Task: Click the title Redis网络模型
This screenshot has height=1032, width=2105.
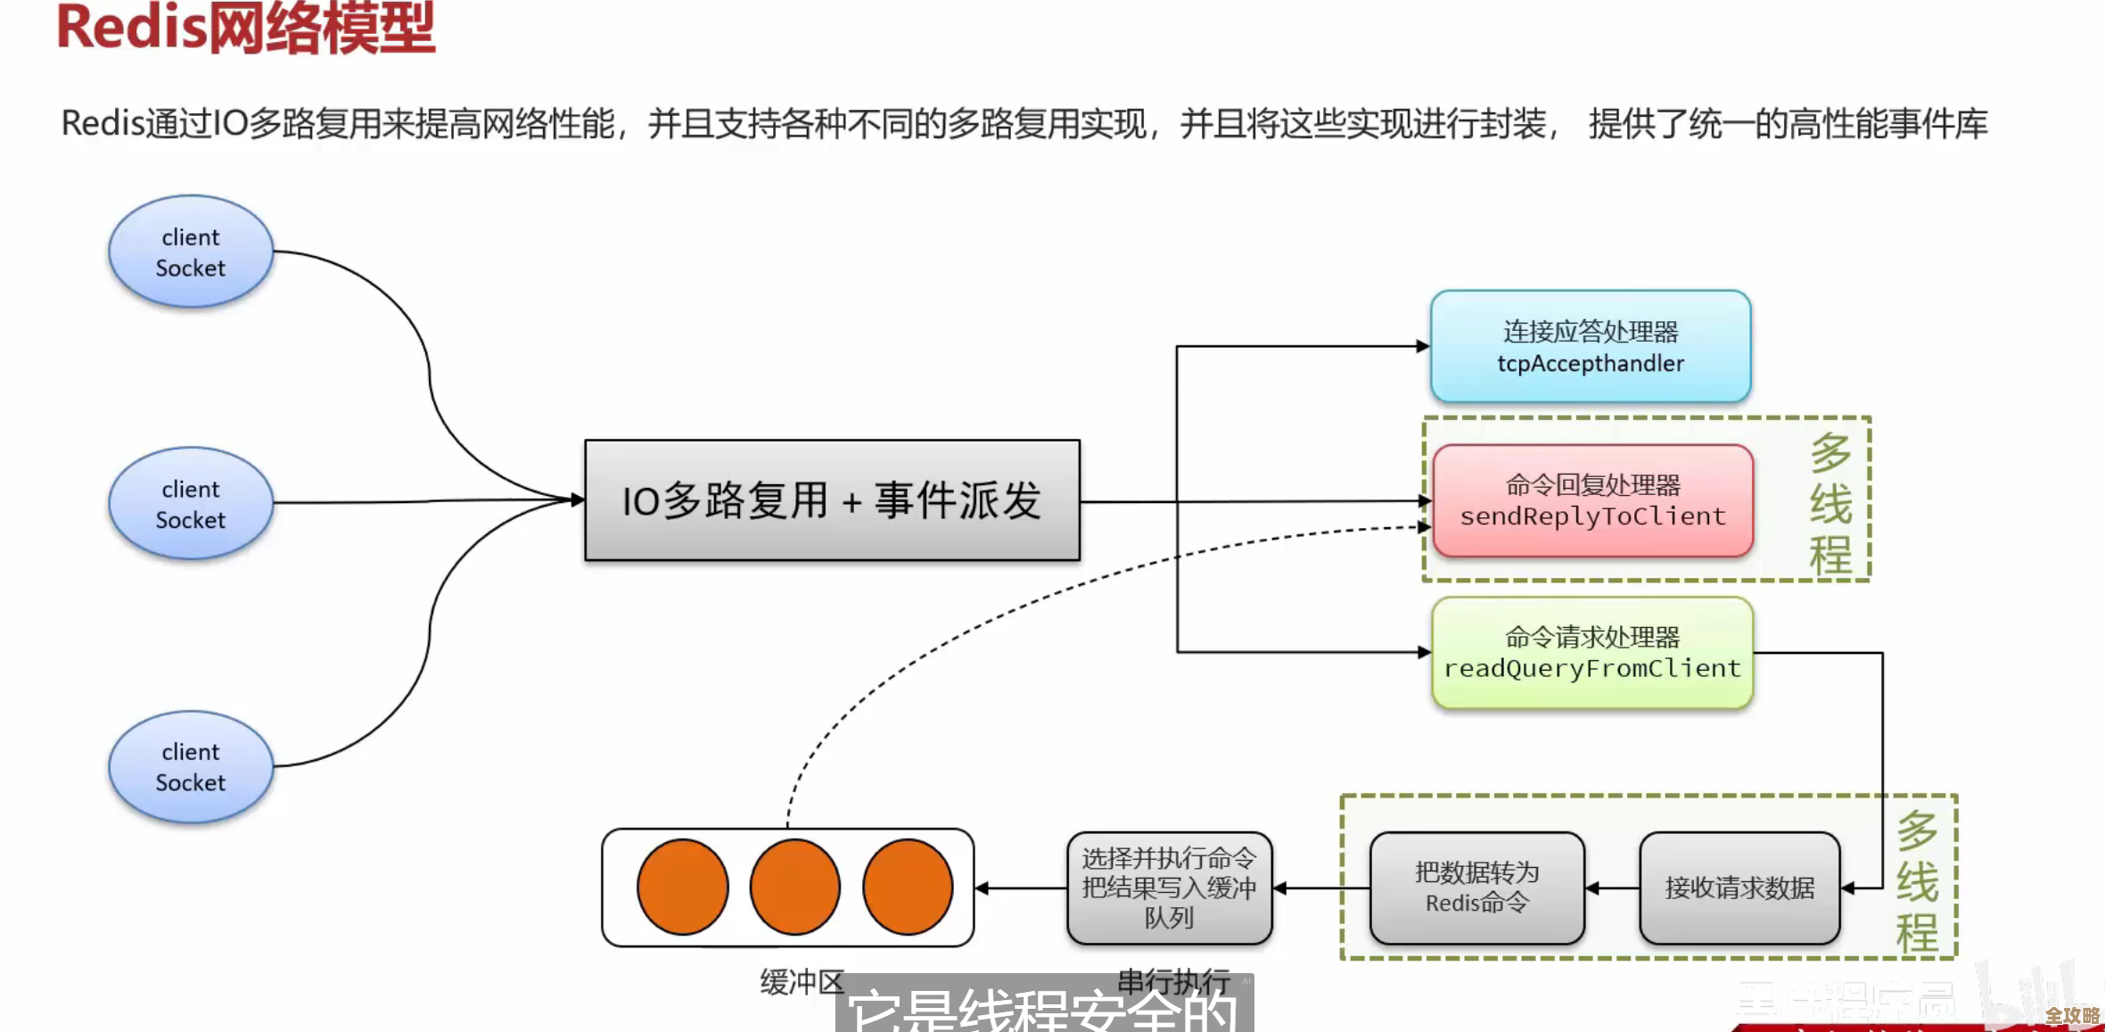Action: click(245, 29)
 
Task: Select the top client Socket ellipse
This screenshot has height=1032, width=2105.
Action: click(191, 252)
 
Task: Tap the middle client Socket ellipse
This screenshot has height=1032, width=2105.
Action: click(191, 504)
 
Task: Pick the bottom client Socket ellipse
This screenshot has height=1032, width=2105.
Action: click(191, 767)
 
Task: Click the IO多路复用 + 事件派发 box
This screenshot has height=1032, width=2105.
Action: click(832, 500)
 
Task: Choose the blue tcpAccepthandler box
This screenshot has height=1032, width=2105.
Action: click(1591, 347)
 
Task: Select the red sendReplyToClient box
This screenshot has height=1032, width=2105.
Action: click(1593, 501)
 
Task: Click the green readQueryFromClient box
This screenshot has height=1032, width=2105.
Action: click(1592, 653)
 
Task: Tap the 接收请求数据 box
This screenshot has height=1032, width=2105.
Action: click(1739, 888)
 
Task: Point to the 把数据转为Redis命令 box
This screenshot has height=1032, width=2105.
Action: click(1476, 888)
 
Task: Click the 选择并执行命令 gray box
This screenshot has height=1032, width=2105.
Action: click(1169, 888)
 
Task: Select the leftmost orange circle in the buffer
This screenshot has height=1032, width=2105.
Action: click(682, 888)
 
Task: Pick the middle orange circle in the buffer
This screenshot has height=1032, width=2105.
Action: click(794, 888)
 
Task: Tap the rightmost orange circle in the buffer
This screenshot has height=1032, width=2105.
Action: click(908, 888)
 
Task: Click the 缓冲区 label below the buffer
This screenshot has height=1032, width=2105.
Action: click(802, 982)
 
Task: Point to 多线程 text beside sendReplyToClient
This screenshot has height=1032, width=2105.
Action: click(1830, 504)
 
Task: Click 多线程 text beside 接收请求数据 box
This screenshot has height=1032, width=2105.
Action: click(1917, 883)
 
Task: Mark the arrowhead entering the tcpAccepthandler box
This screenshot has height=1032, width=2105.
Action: click(1423, 346)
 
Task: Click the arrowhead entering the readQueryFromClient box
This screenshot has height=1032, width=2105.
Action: click(1424, 652)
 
